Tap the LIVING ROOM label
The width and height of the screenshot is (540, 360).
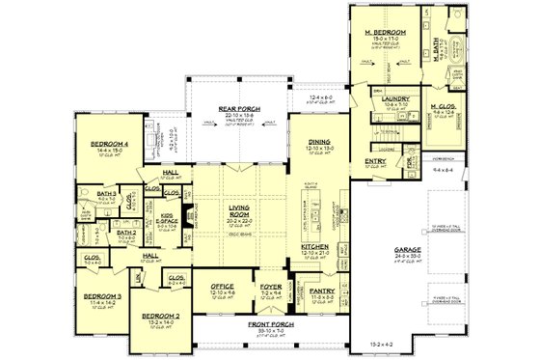coord(239,209)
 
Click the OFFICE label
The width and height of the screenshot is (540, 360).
coord(223,286)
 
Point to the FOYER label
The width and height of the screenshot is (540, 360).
coord(269,286)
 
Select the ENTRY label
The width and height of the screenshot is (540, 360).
coord(375,161)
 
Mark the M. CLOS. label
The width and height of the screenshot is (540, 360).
coord(445,107)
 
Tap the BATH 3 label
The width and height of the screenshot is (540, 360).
coord(107,194)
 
